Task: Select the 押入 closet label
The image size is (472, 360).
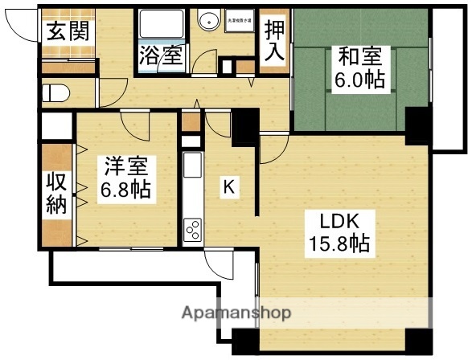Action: click(274, 44)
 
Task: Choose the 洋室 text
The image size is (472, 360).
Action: click(125, 169)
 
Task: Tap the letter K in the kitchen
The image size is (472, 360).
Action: click(229, 187)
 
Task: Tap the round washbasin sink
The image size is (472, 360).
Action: click(210, 22)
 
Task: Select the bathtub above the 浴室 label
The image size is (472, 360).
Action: click(160, 25)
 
